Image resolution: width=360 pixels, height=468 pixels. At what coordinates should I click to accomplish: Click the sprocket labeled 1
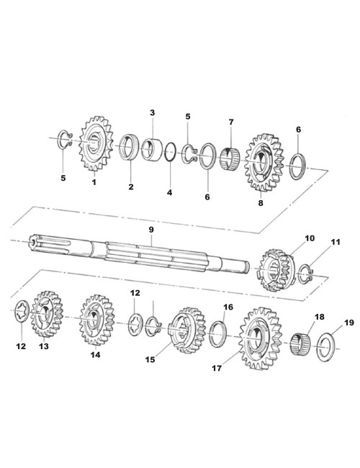click(96, 143)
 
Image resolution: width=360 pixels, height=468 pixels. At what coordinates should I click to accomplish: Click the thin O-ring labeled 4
click(169, 152)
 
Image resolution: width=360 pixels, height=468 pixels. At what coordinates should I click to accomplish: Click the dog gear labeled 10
click(276, 270)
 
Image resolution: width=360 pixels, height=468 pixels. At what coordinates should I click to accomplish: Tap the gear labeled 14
click(96, 320)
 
